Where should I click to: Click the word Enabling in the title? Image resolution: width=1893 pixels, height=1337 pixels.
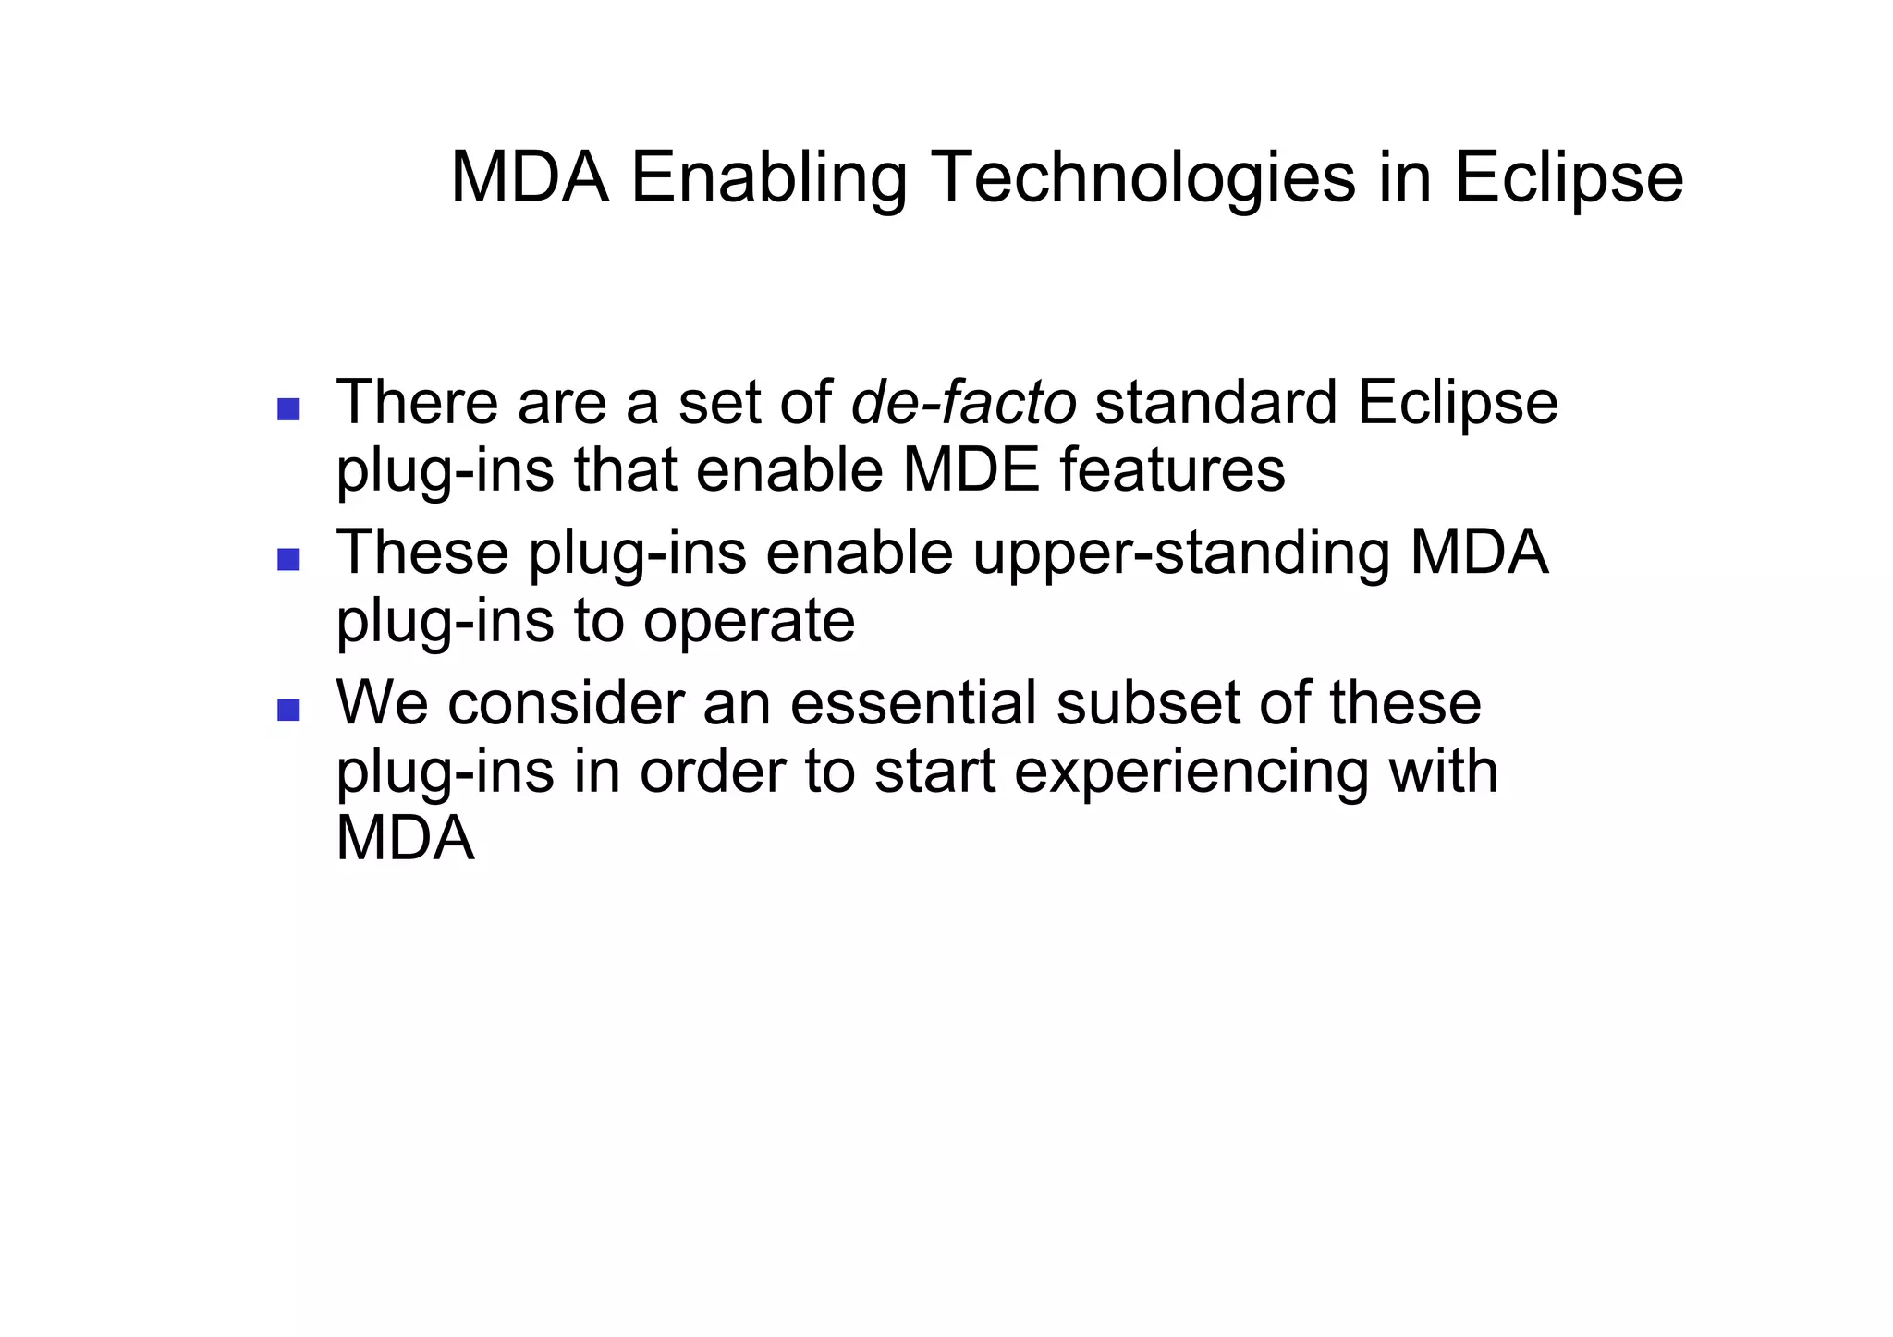769,177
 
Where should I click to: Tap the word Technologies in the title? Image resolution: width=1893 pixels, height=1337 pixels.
1143,177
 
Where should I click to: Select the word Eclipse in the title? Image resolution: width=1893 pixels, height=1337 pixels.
1568,177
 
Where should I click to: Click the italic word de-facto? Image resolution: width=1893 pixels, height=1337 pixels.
963,403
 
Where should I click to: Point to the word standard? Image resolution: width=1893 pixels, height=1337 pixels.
1215,403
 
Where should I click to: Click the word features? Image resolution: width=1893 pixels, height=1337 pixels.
1172,469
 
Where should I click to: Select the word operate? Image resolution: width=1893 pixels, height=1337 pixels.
749,621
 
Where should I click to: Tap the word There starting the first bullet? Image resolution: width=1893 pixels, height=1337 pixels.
417,403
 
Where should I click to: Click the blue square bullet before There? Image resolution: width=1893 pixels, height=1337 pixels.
288,409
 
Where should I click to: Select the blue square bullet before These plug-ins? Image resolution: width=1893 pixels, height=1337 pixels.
288,559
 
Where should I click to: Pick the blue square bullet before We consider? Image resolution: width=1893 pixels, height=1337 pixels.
288,709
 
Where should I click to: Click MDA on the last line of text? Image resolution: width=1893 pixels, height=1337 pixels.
405,839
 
